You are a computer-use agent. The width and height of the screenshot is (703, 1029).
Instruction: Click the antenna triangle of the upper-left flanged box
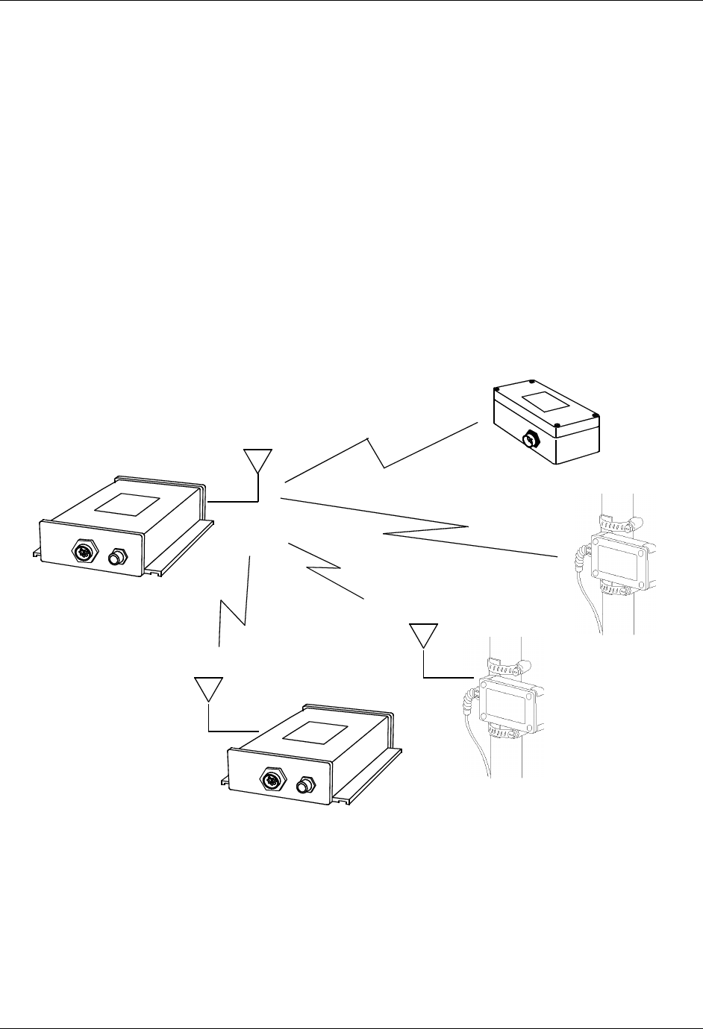pos(258,461)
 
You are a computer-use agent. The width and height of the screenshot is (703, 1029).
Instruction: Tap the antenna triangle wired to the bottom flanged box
pos(208,687)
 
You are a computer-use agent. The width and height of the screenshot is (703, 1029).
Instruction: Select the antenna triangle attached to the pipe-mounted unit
pos(423,635)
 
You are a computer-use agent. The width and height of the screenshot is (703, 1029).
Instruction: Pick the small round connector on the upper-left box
pos(116,557)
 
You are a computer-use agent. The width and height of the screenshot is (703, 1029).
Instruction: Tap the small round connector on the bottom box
pos(304,784)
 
